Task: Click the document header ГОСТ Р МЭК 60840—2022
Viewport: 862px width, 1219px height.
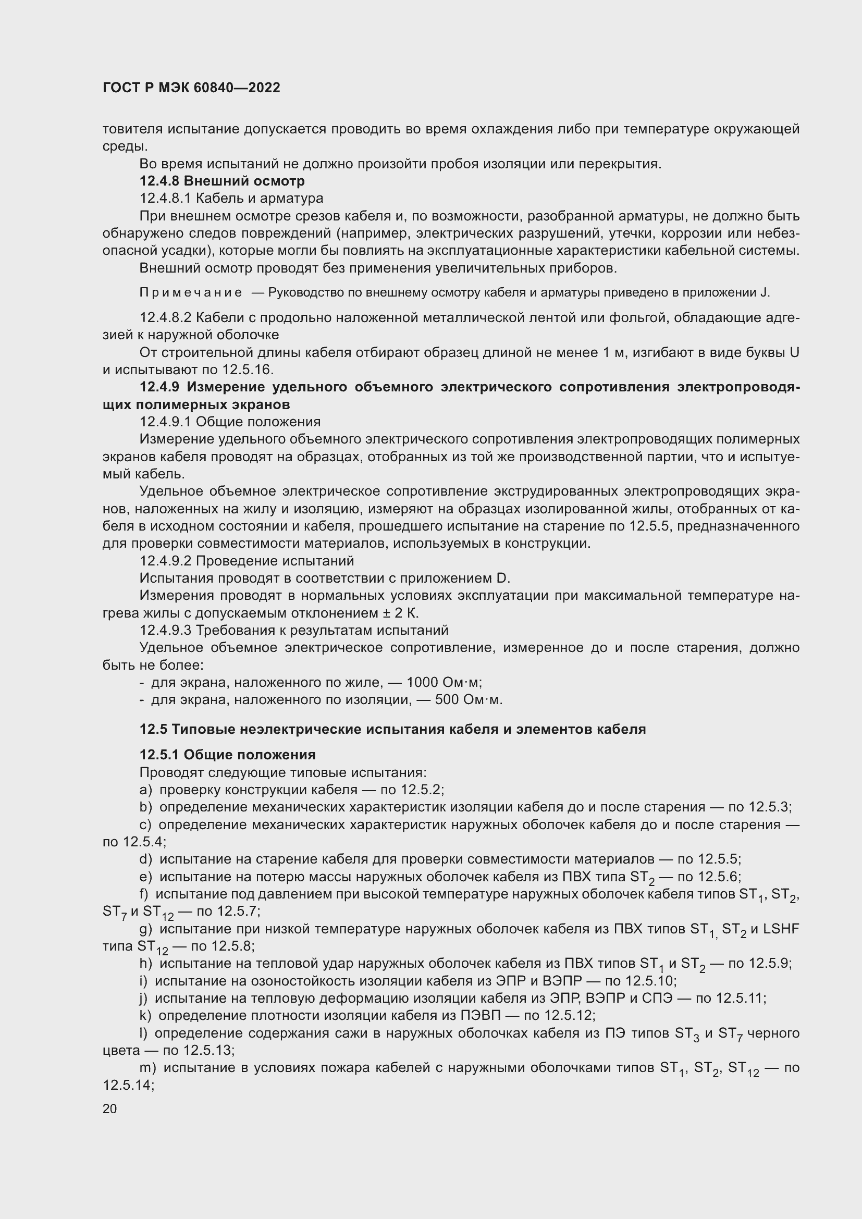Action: point(191,88)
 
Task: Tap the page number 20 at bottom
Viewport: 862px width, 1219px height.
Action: point(110,1108)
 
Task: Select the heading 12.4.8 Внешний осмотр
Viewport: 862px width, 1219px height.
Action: point(222,181)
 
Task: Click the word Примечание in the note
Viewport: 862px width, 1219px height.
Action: point(191,292)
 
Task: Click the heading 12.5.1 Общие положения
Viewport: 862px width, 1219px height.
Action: point(227,755)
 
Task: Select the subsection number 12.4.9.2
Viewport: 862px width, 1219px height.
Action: point(165,561)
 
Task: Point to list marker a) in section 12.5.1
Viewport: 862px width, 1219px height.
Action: point(145,790)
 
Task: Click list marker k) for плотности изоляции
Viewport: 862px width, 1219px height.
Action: point(145,1015)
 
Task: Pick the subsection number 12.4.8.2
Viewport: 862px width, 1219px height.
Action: point(165,317)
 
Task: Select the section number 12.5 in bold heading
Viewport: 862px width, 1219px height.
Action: point(153,729)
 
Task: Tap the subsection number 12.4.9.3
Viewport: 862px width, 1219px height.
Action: point(165,630)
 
